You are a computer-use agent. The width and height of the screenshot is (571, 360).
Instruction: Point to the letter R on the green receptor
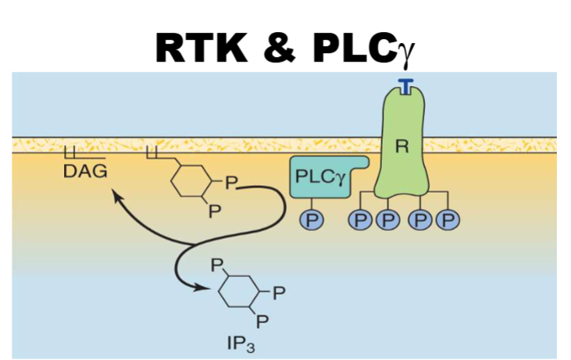pyautogui.click(x=403, y=148)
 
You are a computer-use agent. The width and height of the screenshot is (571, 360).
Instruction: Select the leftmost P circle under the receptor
pyautogui.click(x=360, y=220)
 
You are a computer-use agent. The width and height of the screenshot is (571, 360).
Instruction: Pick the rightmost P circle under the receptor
pyautogui.click(x=448, y=220)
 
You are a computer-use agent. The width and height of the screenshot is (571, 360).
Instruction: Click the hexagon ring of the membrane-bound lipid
pyautogui.click(x=191, y=181)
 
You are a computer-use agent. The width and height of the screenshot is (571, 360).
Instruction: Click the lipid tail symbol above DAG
pyautogui.click(x=75, y=154)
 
